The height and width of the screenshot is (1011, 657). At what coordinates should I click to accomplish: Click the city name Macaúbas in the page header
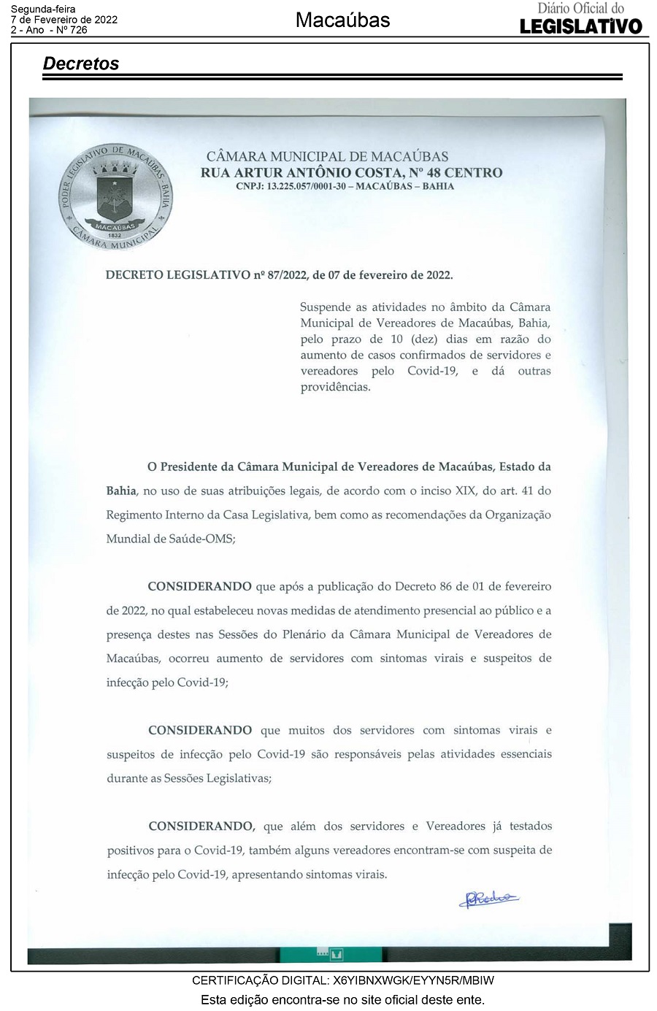342,20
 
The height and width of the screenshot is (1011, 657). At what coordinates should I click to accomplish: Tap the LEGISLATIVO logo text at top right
581,26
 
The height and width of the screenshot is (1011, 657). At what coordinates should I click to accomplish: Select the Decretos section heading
81,64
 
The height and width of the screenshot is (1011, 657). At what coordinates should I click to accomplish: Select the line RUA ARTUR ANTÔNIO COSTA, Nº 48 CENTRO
352,173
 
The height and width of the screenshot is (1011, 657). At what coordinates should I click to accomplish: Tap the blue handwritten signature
488,899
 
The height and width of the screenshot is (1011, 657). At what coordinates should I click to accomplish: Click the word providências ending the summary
335,388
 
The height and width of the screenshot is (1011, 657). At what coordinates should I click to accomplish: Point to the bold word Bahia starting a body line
121,491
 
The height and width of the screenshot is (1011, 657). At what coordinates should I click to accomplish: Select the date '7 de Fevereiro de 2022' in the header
64,20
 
